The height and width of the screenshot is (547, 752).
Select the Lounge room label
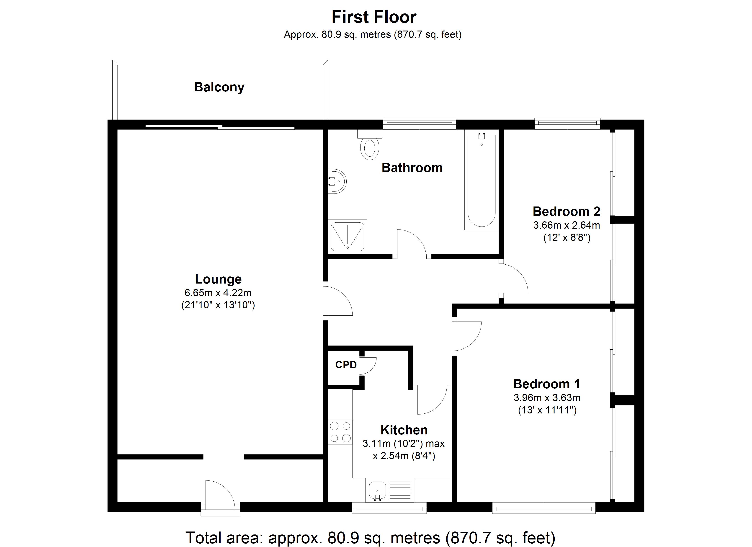(x=218, y=279)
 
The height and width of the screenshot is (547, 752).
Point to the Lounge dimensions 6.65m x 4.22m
(x=218, y=293)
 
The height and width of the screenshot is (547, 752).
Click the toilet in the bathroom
(x=370, y=148)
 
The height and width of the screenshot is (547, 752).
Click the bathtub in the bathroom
(x=482, y=181)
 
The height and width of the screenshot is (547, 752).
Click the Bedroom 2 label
(x=566, y=211)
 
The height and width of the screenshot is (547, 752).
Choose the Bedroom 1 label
(x=547, y=384)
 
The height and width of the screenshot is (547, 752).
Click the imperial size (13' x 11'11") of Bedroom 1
(x=547, y=410)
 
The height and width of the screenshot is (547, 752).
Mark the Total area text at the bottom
(x=370, y=537)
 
